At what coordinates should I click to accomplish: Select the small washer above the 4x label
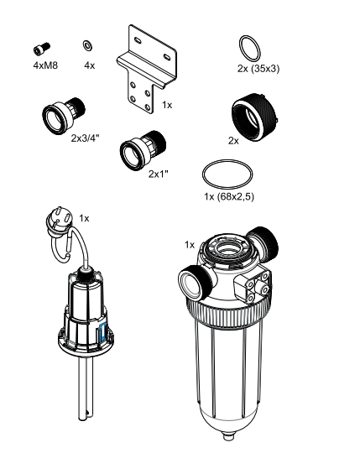[88, 45]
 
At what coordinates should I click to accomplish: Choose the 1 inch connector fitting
[139, 150]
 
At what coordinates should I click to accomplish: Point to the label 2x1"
[158, 174]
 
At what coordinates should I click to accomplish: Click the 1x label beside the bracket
[167, 106]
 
